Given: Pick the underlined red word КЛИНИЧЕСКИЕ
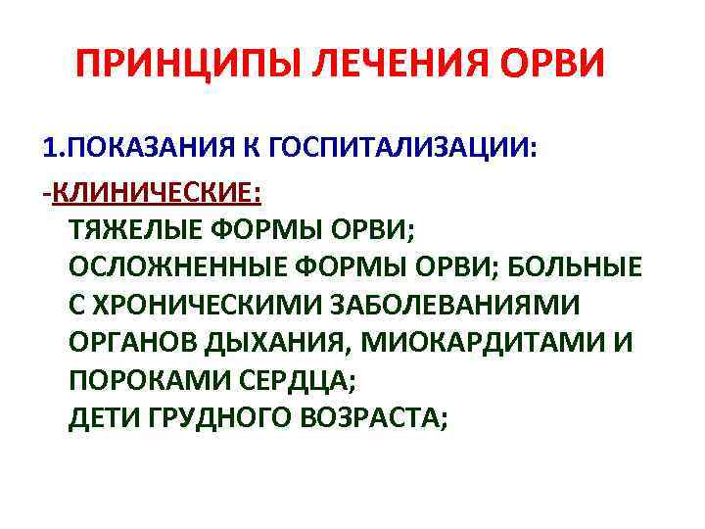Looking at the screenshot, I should [x=158, y=190].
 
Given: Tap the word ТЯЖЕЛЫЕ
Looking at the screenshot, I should [x=131, y=228].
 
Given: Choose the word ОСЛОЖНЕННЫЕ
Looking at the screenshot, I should [x=172, y=266].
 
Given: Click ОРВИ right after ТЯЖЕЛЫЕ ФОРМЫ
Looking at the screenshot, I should [x=375, y=228].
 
